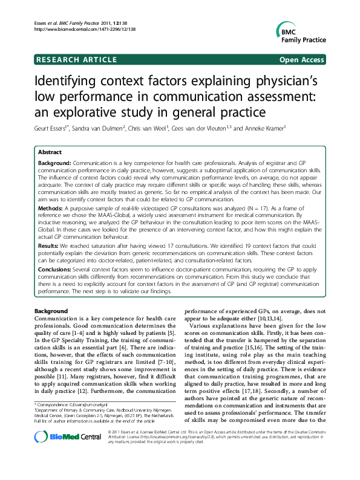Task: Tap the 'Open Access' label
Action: [303, 60]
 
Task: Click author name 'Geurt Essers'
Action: [53, 128]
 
